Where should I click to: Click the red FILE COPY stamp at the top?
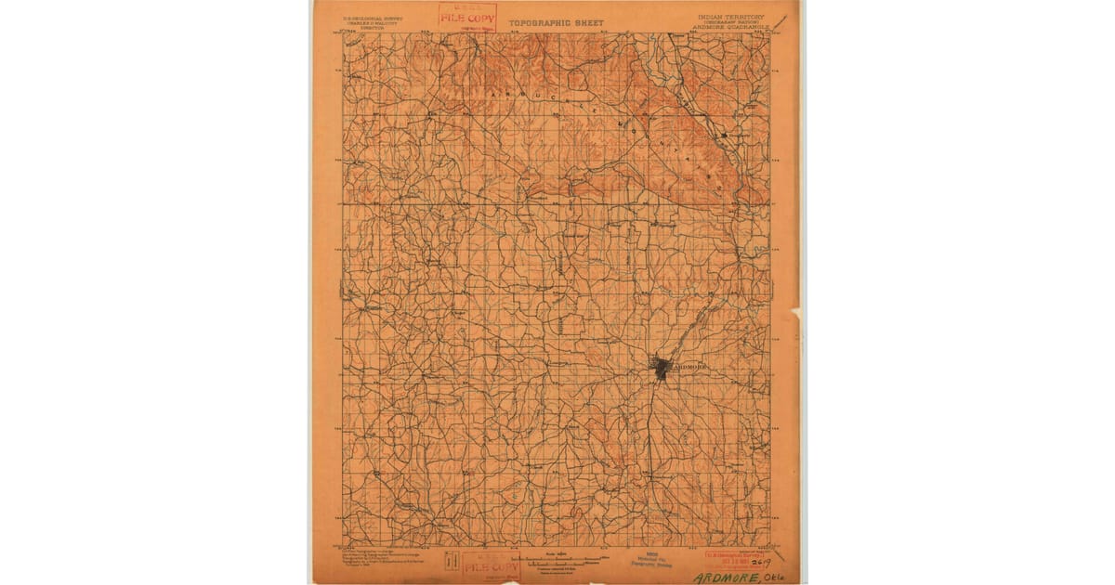467,17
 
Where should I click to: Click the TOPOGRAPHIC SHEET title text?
556,22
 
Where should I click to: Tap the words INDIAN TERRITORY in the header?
729,17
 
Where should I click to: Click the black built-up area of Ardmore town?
662,368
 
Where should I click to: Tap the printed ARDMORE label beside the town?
689,368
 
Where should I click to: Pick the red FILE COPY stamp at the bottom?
490,565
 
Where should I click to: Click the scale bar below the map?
558,560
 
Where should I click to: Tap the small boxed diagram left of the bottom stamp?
452,561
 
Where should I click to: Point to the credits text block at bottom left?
372,559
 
